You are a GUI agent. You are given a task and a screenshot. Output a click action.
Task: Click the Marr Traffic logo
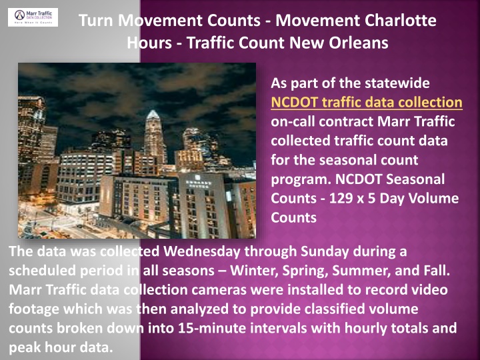tap(33, 17)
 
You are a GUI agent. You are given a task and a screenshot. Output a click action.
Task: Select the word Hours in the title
tap(149, 43)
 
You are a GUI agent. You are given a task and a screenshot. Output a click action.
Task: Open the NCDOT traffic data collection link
tap(367, 102)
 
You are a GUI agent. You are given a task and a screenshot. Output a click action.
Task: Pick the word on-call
tap(293, 121)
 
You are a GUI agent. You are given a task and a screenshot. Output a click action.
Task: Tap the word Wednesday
tap(202, 251)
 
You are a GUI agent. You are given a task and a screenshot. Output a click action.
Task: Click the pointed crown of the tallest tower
tap(153, 115)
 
